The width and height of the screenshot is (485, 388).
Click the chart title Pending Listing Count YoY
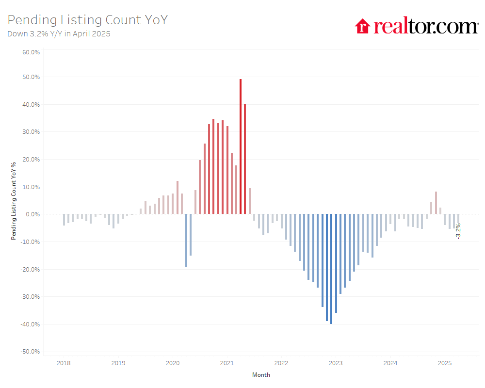click(88, 20)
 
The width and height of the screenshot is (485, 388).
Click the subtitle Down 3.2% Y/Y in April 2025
click(59, 34)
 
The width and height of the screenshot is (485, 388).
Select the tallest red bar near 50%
click(241, 145)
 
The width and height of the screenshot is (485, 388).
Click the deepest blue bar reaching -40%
click(331, 269)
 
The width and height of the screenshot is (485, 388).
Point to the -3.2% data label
click(458, 231)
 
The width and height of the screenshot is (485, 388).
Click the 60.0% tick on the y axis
click(31, 49)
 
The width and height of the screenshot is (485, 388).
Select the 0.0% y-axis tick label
click(32, 214)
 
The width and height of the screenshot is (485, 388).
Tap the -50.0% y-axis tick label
click(30, 352)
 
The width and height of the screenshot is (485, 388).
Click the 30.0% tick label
click(31, 132)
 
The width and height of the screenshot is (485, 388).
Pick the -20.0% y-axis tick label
click(30, 269)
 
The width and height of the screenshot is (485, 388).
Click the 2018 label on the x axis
click(64, 363)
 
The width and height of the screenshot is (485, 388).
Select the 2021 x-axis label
click(227, 363)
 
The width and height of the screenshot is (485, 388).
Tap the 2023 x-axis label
click(336, 363)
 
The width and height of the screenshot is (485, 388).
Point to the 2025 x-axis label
click(445, 363)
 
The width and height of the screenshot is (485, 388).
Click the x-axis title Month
click(261, 375)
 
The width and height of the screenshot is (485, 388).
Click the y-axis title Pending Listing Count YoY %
click(14, 201)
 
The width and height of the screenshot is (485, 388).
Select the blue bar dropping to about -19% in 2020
click(186, 241)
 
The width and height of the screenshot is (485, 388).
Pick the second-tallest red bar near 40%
click(245, 159)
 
